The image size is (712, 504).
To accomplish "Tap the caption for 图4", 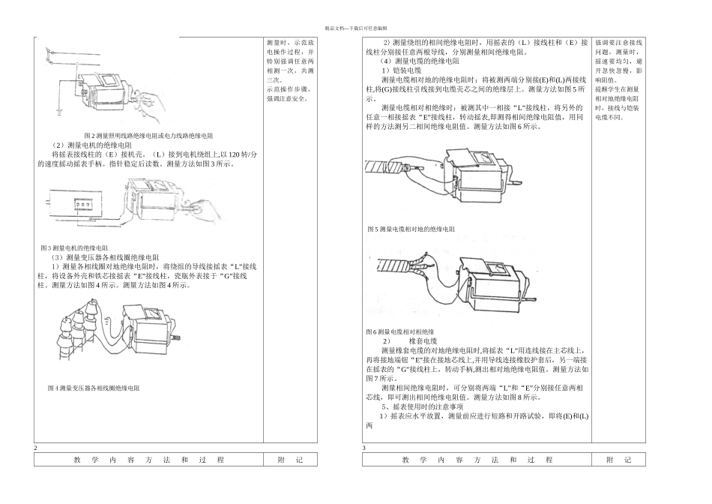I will point(93,388).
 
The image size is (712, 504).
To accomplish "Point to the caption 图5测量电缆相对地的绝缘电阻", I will point(411,229).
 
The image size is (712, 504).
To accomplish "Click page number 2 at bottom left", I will point(35,448).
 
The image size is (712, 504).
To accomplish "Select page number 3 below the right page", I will point(364,448).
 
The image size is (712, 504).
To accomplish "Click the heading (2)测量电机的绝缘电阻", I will point(91,145).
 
